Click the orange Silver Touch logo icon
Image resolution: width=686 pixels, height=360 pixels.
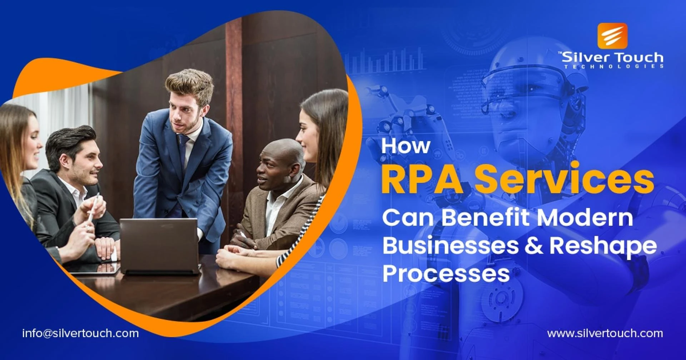[612, 35]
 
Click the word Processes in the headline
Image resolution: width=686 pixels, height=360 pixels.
[446, 274]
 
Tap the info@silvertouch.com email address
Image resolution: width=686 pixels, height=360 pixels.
[80, 333]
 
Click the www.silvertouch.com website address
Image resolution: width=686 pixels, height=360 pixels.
[605, 333]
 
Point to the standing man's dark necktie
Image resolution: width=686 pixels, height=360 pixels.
[183, 150]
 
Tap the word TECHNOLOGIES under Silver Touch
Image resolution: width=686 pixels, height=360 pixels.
[613, 66]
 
